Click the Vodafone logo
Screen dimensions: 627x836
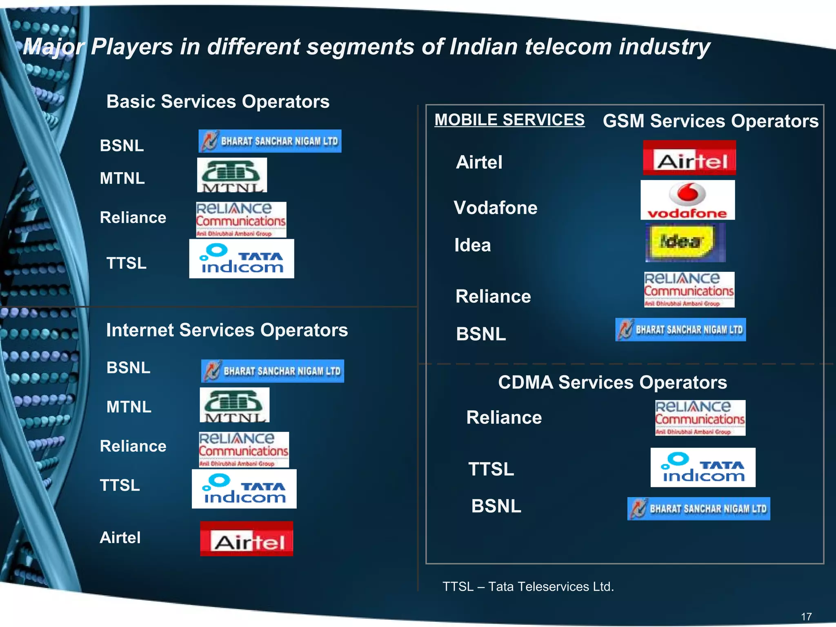pos(687,200)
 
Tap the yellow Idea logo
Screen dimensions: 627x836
pos(685,242)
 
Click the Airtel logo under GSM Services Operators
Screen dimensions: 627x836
pos(689,158)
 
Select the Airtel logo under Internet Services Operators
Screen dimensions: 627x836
pos(247,538)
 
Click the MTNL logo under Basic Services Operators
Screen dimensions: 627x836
pos(232,175)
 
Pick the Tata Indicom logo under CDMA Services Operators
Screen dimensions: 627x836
pos(703,467)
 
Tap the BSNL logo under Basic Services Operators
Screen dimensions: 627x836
pos(270,141)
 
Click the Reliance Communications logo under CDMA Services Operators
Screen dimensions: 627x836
pos(700,418)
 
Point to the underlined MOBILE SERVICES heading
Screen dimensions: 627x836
pos(509,120)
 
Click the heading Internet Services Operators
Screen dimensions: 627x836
pos(227,330)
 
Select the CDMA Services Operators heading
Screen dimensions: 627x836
pos(612,382)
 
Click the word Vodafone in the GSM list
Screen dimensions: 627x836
pos(496,208)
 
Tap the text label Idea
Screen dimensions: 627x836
pos(473,245)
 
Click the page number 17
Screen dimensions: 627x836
pos(806,616)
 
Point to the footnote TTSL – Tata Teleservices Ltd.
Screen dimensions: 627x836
pos(528,587)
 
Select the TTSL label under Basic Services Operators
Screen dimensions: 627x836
pos(126,263)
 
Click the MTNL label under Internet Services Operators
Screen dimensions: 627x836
pos(129,407)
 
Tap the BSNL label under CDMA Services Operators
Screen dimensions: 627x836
pos(496,506)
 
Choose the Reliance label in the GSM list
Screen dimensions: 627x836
pos(493,296)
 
